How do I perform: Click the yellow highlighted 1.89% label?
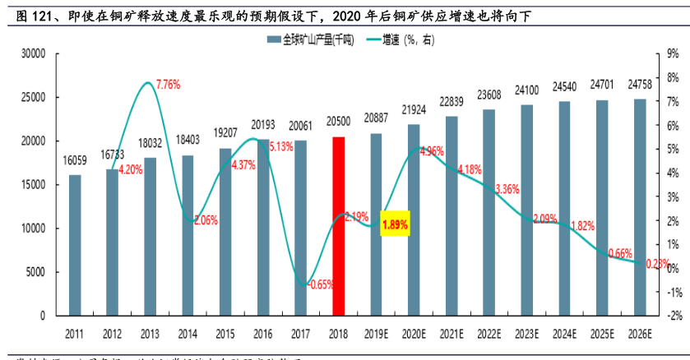(395, 223)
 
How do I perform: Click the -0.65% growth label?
(319, 284)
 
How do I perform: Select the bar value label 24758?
(639, 85)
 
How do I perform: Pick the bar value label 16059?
(75, 160)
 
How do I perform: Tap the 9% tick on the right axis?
(672, 53)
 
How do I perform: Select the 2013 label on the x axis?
(151, 333)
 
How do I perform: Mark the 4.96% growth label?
(431, 151)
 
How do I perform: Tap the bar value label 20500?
(338, 122)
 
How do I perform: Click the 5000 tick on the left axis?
(35, 272)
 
